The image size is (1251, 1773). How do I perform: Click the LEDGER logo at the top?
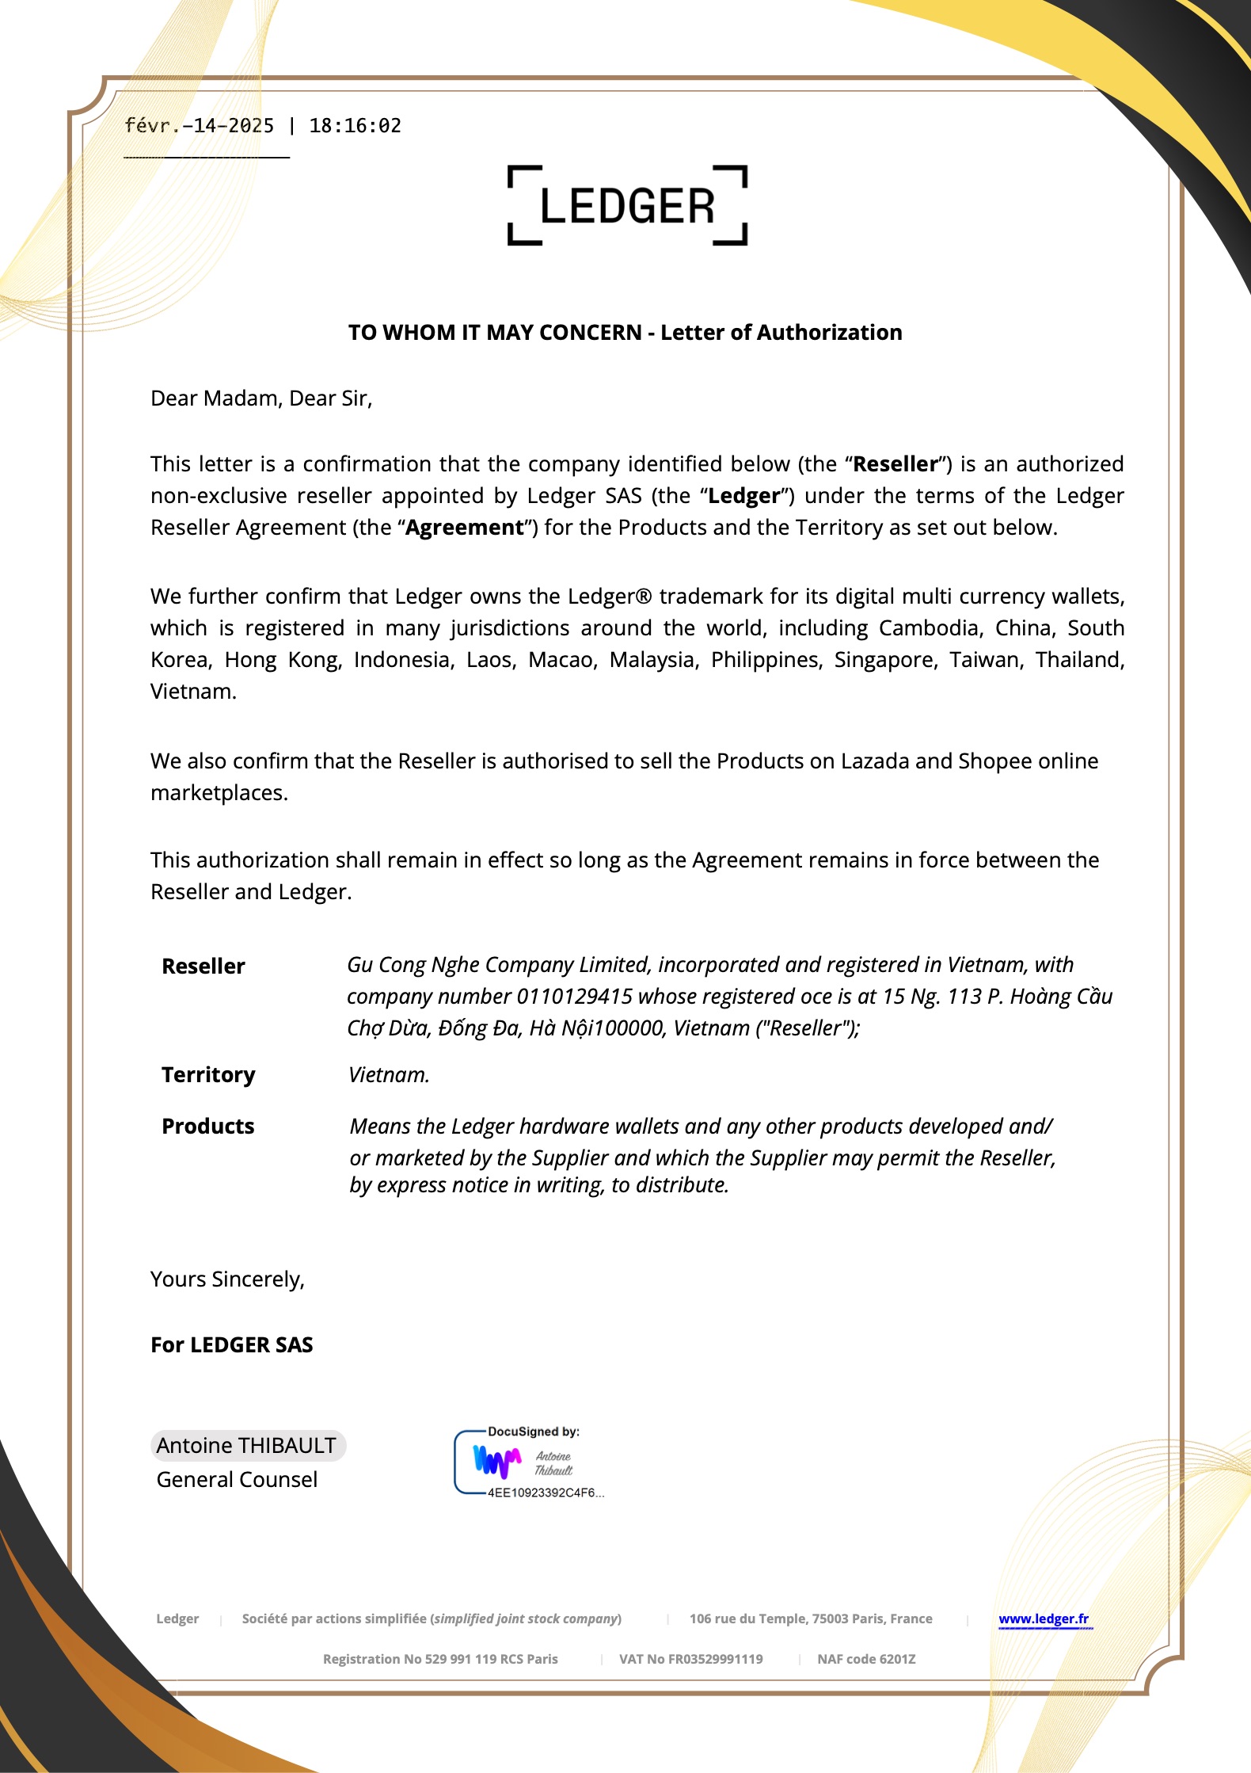click(x=627, y=206)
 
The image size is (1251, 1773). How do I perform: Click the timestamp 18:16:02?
click(x=355, y=126)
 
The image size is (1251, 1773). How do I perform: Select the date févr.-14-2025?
click(x=200, y=126)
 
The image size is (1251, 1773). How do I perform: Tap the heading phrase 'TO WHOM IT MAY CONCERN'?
click(x=495, y=333)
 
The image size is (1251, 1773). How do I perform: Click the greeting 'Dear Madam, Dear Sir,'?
click(x=261, y=398)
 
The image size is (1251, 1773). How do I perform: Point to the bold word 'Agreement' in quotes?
click(x=465, y=528)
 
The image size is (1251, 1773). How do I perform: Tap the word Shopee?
click(x=995, y=761)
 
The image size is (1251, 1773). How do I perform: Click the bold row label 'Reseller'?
click(x=203, y=967)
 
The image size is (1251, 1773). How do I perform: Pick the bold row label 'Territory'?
click(x=208, y=1075)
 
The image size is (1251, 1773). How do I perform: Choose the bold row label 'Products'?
click(x=208, y=1127)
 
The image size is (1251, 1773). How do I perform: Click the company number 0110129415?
click(x=575, y=997)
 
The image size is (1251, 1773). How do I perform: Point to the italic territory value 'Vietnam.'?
click(x=389, y=1075)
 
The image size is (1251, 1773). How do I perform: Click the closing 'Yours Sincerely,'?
click(x=228, y=1279)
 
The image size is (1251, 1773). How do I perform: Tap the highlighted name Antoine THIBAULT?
click(x=247, y=1446)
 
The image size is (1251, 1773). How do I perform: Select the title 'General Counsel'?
click(x=237, y=1480)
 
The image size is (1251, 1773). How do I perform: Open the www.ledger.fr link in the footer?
click(x=1044, y=1619)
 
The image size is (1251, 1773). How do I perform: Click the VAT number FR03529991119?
click(x=714, y=1659)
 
